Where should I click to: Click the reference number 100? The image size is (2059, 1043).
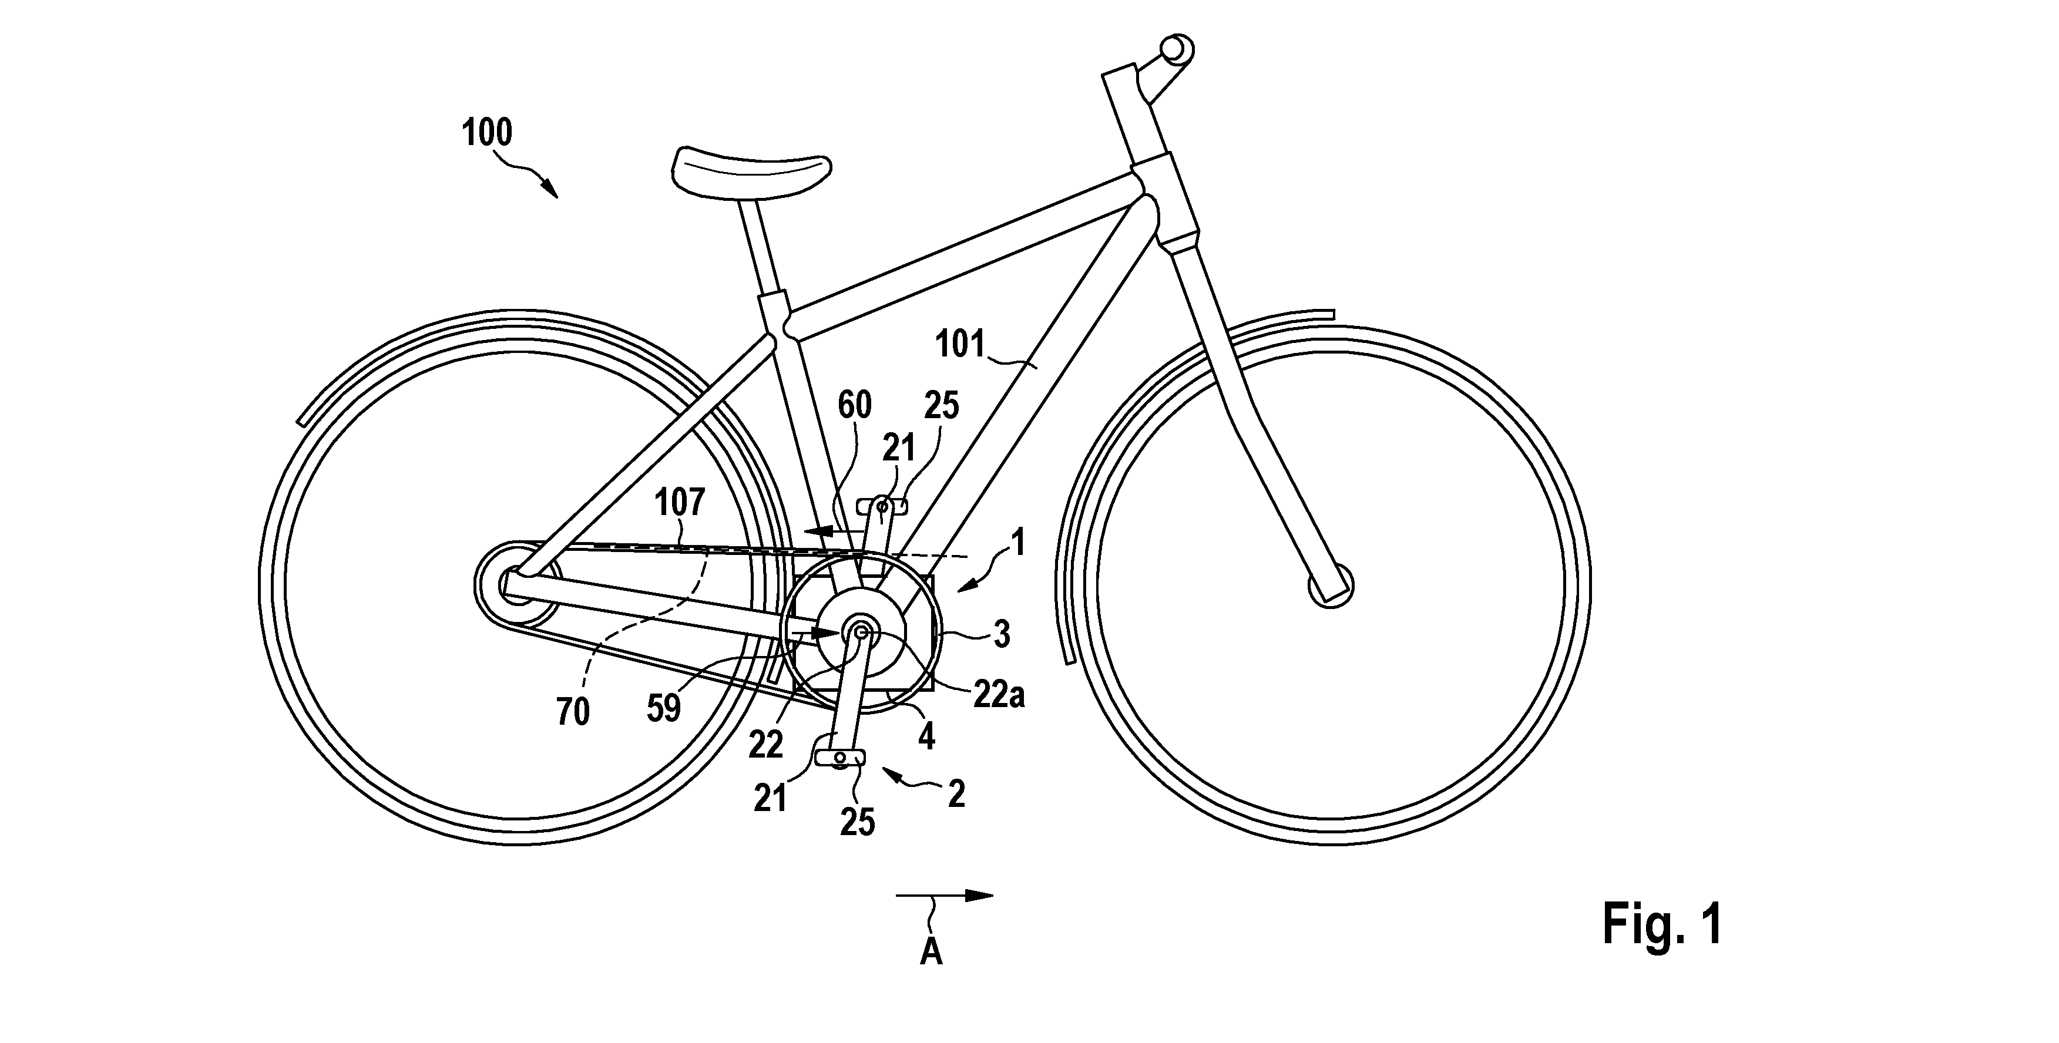tap(488, 133)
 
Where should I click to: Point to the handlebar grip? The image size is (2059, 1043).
tap(1177, 49)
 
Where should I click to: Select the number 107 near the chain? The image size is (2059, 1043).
tap(680, 503)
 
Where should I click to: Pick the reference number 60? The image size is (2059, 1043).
tap(855, 406)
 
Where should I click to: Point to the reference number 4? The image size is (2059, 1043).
tap(926, 736)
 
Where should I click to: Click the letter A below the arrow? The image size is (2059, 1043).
tap(931, 952)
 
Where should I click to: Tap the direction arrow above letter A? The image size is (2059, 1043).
tap(945, 896)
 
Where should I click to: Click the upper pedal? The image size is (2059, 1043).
tap(882, 506)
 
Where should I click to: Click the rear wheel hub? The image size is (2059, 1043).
tap(514, 585)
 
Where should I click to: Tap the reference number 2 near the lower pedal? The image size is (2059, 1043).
tap(956, 795)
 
